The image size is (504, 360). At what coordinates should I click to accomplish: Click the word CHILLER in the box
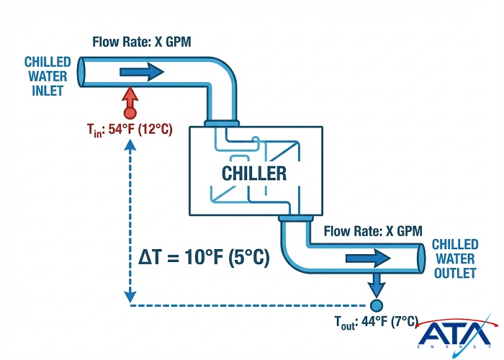tap(254, 174)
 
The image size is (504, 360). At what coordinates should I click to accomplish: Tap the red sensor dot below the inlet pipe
tap(130, 112)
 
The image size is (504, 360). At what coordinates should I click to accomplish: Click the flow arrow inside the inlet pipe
tap(142, 71)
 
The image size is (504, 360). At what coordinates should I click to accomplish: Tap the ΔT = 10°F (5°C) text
tap(205, 257)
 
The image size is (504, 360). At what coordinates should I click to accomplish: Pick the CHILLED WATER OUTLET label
tap(454, 259)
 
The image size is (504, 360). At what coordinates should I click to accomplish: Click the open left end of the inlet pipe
tap(81, 71)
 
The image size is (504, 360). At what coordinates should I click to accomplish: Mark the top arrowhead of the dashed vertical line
tap(130, 143)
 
